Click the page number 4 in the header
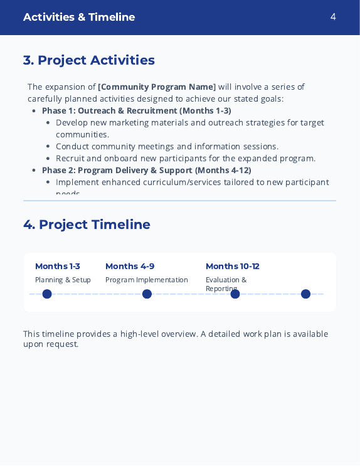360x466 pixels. (x=333, y=17)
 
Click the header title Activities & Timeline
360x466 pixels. (x=79, y=17)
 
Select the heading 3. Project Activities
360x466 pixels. (x=89, y=60)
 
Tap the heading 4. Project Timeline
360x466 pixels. (x=87, y=225)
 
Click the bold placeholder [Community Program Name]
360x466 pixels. (x=157, y=87)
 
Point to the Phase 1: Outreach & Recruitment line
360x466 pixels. (x=137, y=110)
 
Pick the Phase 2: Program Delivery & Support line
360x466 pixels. (x=147, y=170)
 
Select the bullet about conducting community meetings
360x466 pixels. (x=167, y=146)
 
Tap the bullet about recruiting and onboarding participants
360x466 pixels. (x=186, y=158)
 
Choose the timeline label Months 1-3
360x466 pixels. (x=58, y=266)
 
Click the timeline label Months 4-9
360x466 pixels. (x=130, y=266)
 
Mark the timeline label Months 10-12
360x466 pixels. (x=232, y=266)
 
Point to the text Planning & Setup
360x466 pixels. (x=63, y=280)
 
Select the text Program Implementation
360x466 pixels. (x=147, y=280)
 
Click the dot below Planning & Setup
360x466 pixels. (x=47, y=294)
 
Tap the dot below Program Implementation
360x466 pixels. (x=147, y=294)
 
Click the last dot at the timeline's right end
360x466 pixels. (x=306, y=294)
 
